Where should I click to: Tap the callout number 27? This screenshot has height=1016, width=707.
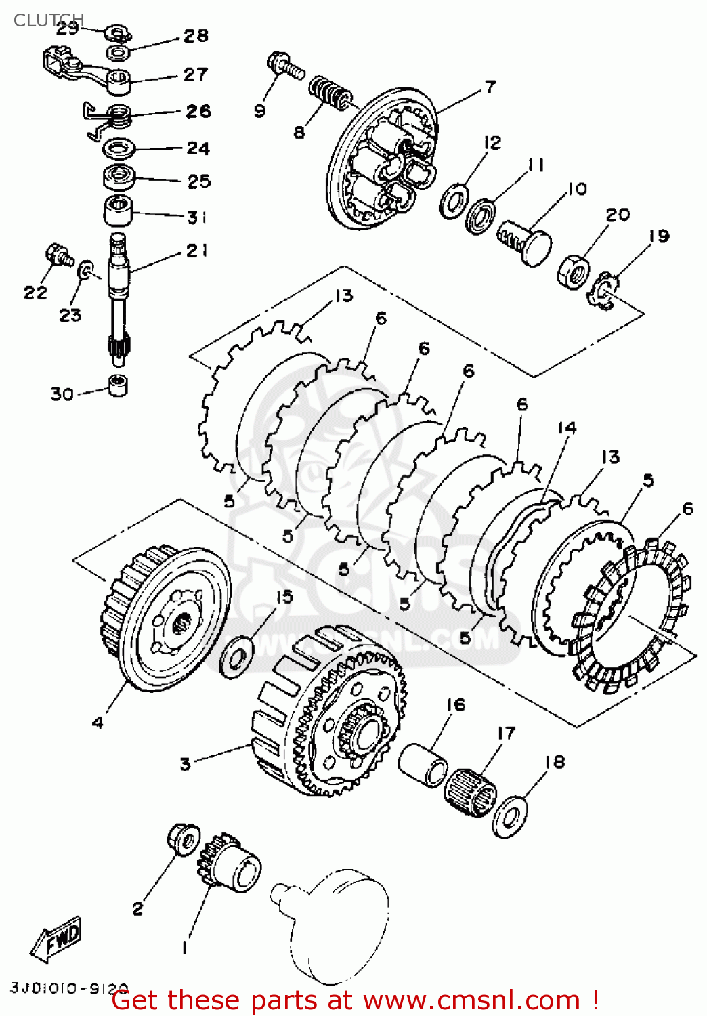(196, 75)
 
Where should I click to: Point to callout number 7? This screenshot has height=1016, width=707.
(490, 87)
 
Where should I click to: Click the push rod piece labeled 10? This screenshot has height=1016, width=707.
(526, 241)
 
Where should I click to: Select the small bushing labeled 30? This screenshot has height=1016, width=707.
(119, 384)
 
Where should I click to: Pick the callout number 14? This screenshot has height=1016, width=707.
(567, 428)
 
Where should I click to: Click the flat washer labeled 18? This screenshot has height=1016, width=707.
(509, 815)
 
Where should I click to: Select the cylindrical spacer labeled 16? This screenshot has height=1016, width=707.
(423, 764)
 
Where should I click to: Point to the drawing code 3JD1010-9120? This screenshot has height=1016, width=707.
(68, 988)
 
